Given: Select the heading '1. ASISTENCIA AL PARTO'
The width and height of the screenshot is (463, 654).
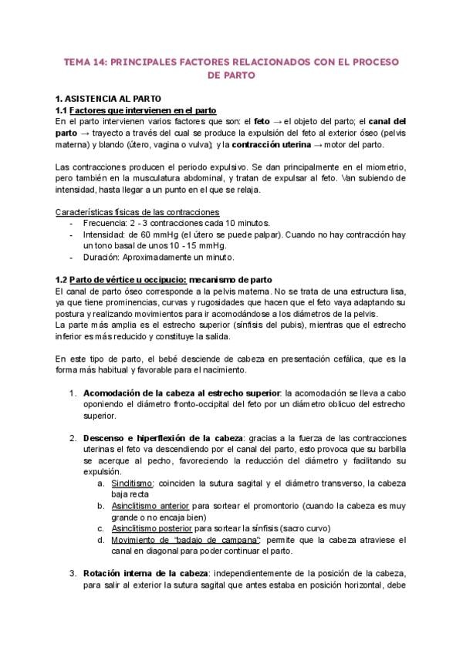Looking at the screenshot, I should tap(108, 99).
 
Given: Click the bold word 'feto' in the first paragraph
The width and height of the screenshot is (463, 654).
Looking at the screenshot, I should tap(262, 121).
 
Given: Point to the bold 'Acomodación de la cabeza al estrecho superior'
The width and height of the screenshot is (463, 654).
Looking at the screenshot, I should tap(181, 393).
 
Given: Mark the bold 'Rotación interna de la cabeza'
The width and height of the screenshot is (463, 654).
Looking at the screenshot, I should tap(144, 574).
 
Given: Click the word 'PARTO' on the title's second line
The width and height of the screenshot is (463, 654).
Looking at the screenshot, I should tap(231, 76).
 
